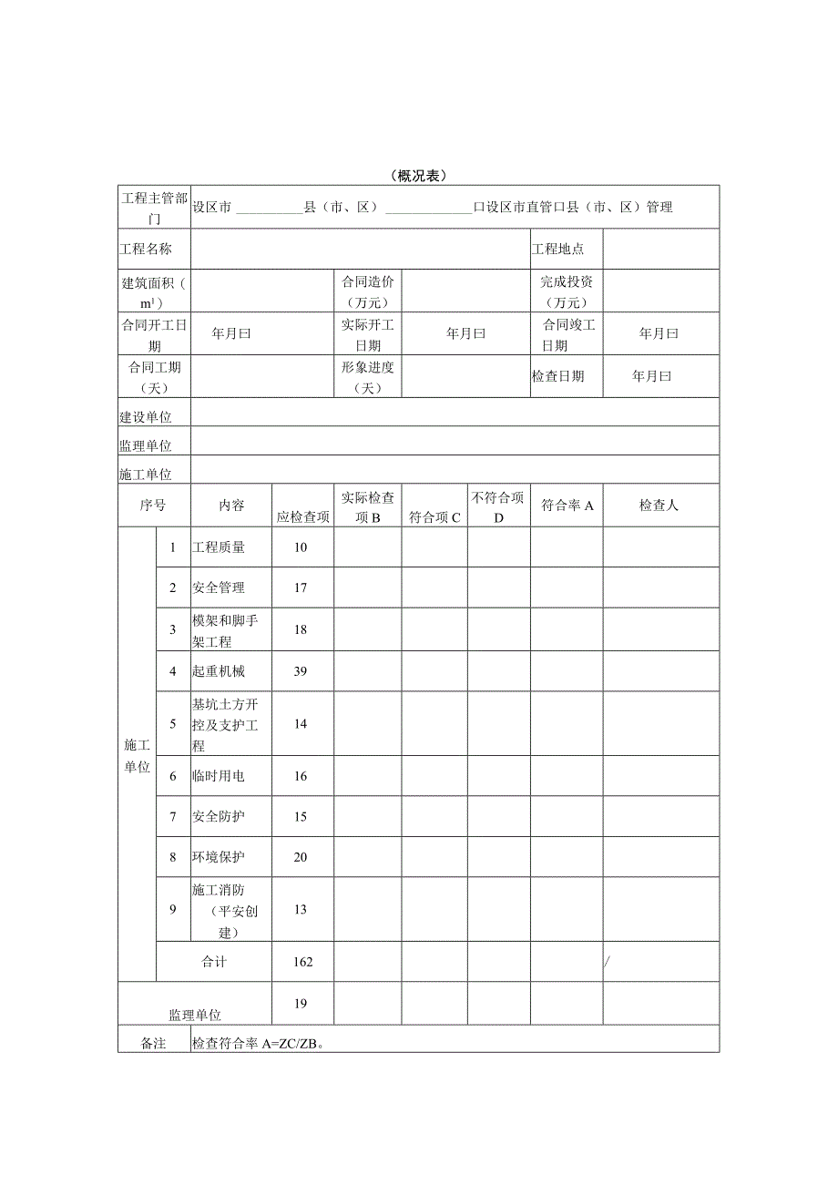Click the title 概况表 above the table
[x=418, y=176]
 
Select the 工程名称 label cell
[x=146, y=249]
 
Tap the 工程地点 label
[x=557, y=249]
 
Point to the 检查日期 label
[x=557, y=376]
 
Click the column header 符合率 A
[x=567, y=506]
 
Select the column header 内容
[x=231, y=506]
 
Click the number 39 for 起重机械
[x=301, y=671]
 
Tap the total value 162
[x=302, y=962]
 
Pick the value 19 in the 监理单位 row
[x=301, y=1004]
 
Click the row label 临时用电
[x=219, y=777]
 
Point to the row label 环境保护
[x=219, y=857]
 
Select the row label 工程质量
[x=219, y=547]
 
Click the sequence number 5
[x=173, y=724]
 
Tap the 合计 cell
[x=213, y=962]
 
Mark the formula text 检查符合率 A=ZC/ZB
[x=259, y=1044]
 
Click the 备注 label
[x=153, y=1044]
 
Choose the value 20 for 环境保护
[x=301, y=857]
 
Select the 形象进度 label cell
[x=368, y=376]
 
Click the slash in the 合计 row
[x=608, y=962]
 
